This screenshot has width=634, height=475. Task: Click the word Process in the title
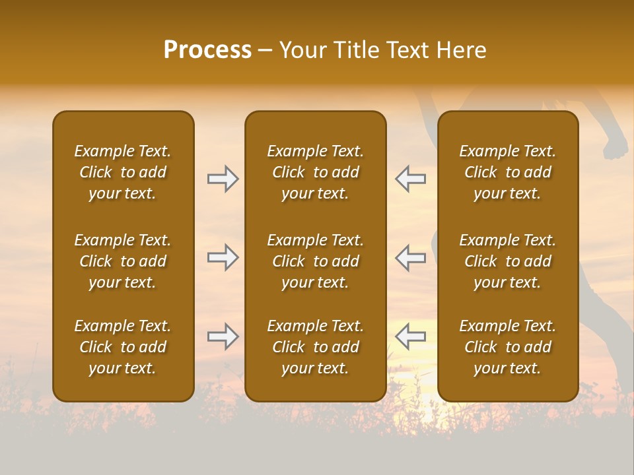pos(207,50)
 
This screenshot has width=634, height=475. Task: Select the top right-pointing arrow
pos(223,179)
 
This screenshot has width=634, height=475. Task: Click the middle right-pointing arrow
pos(223,257)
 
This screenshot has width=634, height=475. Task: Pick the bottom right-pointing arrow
pos(223,336)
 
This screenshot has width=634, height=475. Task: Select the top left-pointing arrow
pos(410,179)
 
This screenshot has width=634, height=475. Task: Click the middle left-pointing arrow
pos(410,257)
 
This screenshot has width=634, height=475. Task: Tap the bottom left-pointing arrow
pos(410,336)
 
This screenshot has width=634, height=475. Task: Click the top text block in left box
pos(123,172)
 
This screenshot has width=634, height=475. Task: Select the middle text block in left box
pos(123,261)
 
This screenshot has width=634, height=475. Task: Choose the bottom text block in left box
pos(123,347)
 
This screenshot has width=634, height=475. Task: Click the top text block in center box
pos(316,172)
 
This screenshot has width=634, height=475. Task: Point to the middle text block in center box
pos(316,261)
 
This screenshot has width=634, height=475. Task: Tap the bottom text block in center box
pos(316,347)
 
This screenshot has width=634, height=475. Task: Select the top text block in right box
pos(508,172)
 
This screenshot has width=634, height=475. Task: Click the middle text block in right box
pos(508,261)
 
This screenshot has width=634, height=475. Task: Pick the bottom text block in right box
pos(508,347)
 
